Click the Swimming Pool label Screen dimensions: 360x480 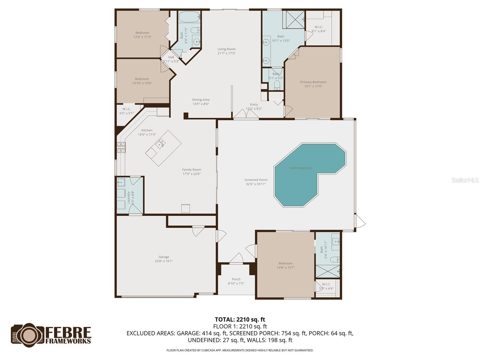pos(301,168)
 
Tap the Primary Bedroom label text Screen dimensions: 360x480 pos(313,82)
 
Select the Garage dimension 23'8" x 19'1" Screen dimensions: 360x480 pos(164,261)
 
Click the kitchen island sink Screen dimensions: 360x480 pos(160,144)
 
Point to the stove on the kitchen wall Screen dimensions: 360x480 pos(121,147)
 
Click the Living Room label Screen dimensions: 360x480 pos(226,49)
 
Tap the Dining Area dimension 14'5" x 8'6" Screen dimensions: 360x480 pos(201,104)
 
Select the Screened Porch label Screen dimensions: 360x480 pos(256,180)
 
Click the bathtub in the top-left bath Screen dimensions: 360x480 pos(189,17)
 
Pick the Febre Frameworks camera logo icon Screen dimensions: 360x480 pos(28,334)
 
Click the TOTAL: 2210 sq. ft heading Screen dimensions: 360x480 pos(240,319)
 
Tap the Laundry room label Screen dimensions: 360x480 pos(129,197)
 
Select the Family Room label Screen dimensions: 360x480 pos(191,169)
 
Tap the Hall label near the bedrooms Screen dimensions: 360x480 pos(171,57)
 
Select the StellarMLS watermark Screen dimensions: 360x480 pos(465,180)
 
